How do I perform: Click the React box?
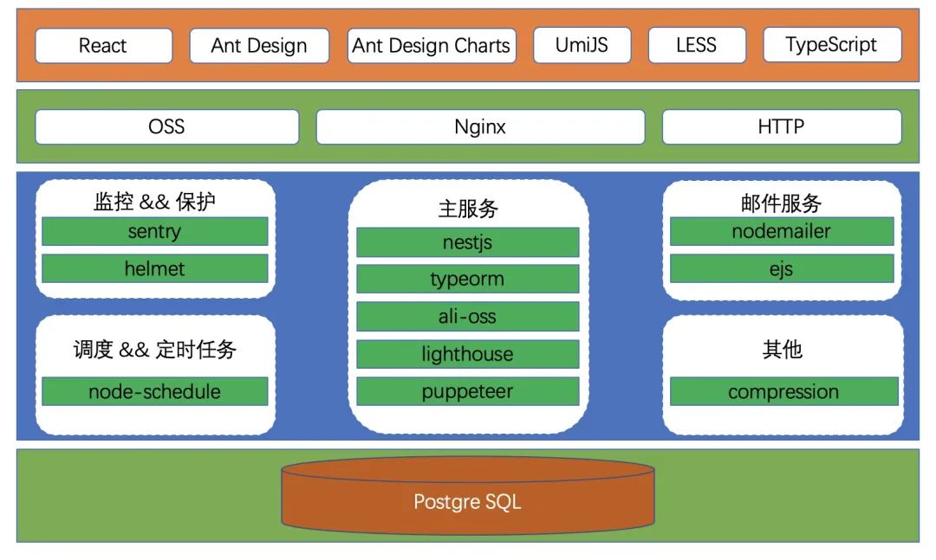click(104, 45)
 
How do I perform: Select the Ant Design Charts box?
click(432, 45)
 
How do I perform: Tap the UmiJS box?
click(582, 45)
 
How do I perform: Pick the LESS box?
click(697, 45)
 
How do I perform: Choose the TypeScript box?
click(832, 45)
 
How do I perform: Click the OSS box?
click(167, 126)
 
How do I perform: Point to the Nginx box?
click(480, 126)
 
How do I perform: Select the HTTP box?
click(782, 126)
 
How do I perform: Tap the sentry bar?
click(154, 231)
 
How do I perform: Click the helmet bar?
click(154, 268)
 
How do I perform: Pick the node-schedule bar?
click(154, 391)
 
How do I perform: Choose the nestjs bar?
click(467, 242)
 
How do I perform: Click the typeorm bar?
click(467, 279)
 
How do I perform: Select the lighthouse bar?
click(467, 354)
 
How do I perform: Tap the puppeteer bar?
click(467, 391)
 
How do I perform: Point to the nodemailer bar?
click(782, 231)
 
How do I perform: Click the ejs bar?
click(782, 268)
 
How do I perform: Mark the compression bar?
click(783, 391)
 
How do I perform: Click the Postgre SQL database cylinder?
click(468, 496)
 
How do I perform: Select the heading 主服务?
click(468, 209)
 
